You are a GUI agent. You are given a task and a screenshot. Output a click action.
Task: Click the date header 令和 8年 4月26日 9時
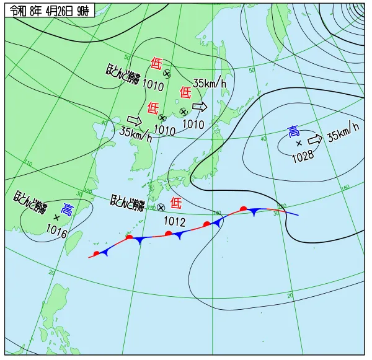49,10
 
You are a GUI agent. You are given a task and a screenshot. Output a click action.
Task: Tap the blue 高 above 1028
294,131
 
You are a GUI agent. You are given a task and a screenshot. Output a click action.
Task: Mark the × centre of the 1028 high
299,143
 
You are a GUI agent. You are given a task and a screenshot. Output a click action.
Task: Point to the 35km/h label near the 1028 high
343,131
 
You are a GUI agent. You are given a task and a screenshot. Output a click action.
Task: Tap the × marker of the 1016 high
57,217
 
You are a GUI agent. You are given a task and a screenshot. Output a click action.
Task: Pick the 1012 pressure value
174,221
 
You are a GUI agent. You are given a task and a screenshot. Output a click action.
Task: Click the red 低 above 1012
176,202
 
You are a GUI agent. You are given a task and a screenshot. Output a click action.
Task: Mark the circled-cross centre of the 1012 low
161,208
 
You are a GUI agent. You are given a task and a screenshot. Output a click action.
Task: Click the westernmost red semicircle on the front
97,253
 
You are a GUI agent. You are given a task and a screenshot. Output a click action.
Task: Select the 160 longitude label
345,187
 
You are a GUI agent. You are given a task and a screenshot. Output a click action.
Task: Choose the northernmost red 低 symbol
156,63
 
